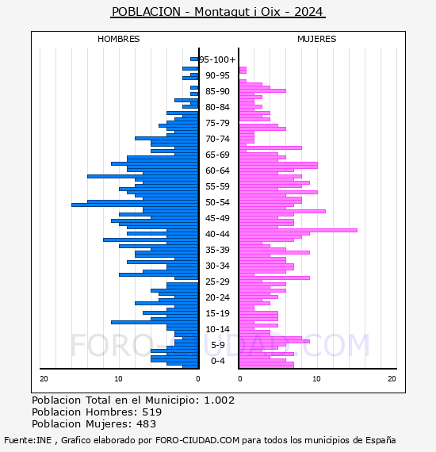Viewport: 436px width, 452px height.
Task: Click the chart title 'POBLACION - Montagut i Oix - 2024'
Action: tap(217, 12)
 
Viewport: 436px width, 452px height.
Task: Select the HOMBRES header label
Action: tap(118, 39)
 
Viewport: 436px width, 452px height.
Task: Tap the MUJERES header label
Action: tap(317, 39)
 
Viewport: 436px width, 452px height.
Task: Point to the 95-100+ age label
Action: tap(217, 59)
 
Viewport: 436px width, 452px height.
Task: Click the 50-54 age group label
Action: tap(217, 202)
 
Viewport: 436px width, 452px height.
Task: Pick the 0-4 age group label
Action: tap(217, 361)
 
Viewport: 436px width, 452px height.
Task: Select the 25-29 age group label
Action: tap(217, 282)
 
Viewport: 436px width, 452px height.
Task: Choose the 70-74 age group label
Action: tap(217, 139)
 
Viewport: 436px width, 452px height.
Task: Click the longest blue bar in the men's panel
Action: tap(135, 205)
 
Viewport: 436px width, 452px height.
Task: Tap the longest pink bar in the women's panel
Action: tap(298, 230)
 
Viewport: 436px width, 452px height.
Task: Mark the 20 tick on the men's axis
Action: tap(44, 379)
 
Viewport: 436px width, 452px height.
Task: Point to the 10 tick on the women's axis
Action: tap(316, 379)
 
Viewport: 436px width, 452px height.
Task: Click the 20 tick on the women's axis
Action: tap(392, 379)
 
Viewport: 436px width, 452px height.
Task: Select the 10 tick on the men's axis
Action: tap(118, 379)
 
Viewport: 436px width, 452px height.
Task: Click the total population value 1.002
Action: tap(220, 400)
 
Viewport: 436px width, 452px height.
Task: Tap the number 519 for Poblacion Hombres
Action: tap(152, 412)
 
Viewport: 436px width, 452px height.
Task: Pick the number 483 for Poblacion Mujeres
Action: tap(146, 423)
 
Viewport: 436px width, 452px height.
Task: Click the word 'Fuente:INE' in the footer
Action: tap(28, 440)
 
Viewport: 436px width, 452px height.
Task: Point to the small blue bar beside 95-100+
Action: tap(194, 59)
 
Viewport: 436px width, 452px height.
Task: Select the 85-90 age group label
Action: tap(217, 91)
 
